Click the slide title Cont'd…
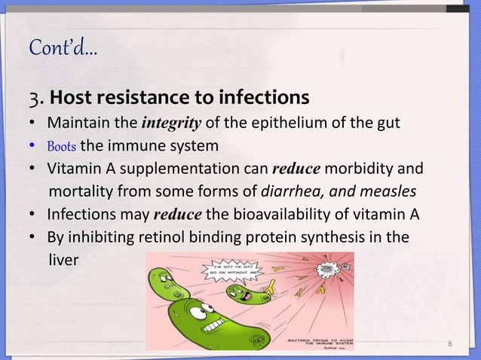(63, 50)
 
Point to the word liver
(63, 259)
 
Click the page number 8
(450, 346)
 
